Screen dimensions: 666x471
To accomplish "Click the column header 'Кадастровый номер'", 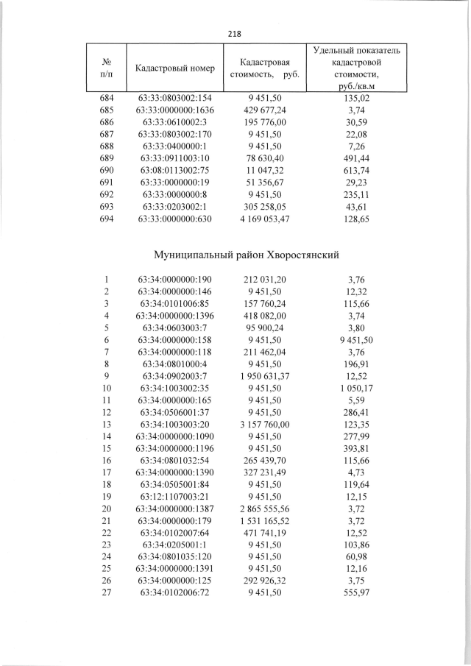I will [175, 68].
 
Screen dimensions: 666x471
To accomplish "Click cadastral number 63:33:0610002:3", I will [175, 121].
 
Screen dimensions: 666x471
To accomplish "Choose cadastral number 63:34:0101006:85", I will [175, 303].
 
